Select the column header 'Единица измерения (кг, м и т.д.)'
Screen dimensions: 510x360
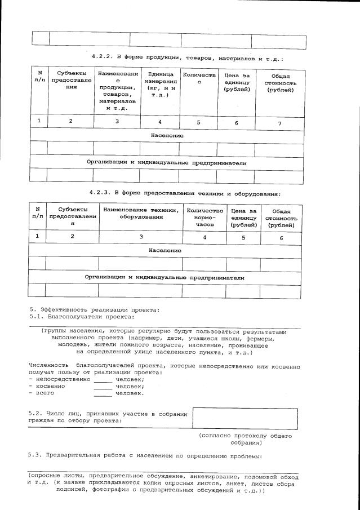[159, 86]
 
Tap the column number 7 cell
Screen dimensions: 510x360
[280, 122]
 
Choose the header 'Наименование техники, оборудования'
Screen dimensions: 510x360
[140, 214]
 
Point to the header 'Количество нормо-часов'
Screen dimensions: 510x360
[205, 218]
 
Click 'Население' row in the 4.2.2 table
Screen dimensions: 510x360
[167, 136]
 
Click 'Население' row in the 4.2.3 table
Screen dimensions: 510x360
[165, 250]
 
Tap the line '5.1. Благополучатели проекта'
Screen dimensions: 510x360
[81, 316]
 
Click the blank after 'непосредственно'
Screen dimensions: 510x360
[104, 379]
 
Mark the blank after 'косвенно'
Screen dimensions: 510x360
[104, 386]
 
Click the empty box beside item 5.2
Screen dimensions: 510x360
[245, 419]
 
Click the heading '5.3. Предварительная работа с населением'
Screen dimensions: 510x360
[145, 455]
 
